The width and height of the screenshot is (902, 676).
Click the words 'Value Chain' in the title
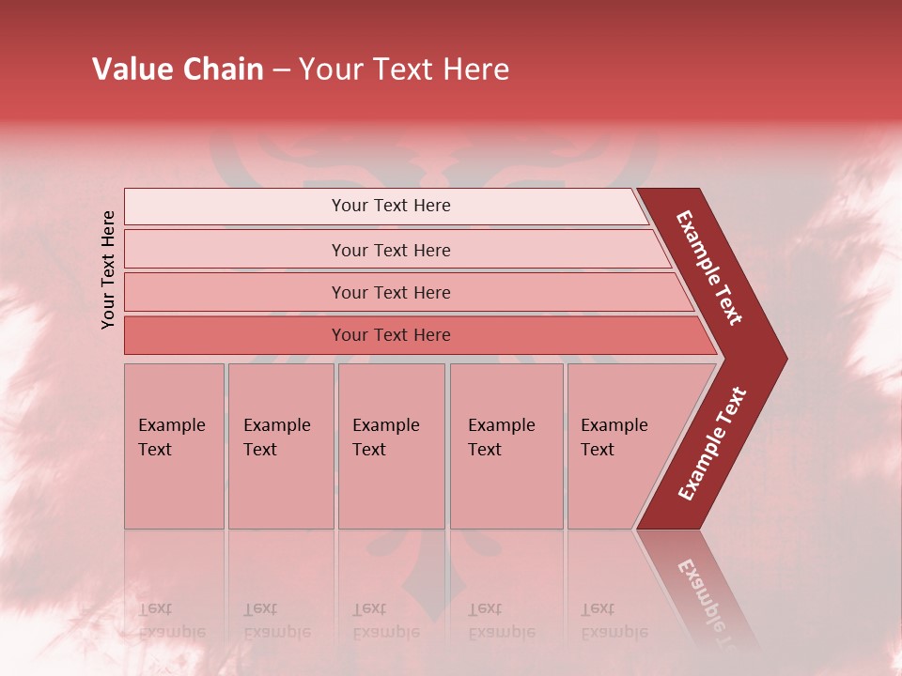tap(178, 69)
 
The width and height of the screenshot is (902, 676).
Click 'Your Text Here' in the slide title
tap(404, 69)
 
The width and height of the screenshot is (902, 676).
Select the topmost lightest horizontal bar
tap(385, 206)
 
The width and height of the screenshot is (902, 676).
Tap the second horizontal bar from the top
tap(395, 250)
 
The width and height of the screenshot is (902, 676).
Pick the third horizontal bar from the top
tap(404, 292)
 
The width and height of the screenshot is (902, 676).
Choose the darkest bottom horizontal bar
tap(413, 335)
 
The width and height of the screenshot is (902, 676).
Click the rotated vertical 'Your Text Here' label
tap(109, 269)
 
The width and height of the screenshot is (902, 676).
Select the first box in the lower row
tap(174, 446)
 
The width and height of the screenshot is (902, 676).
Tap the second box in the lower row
tap(281, 446)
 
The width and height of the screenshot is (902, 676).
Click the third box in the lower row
tap(391, 446)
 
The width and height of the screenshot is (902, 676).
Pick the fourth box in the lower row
tap(506, 446)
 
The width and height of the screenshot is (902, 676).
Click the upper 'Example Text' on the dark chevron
tap(709, 268)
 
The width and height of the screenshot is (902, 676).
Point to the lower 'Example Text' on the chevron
tap(712, 444)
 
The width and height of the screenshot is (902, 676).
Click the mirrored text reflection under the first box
tap(171, 621)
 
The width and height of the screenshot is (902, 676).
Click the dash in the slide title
tap(281, 69)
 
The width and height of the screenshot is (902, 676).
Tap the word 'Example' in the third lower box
tap(385, 425)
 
